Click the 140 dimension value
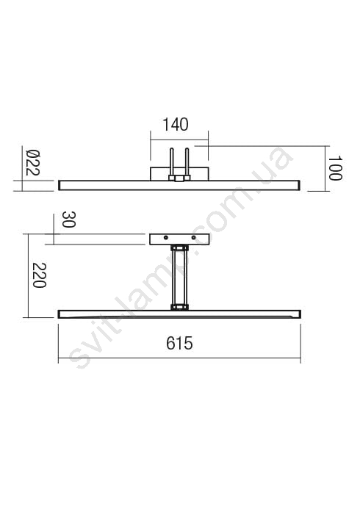click(x=176, y=125)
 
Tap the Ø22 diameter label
click(x=32, y=162)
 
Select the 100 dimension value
click(x=335, y=168)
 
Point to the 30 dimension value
click(x=69, y=220)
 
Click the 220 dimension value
click(x=40, y=275)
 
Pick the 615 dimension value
click(x=179, y=343)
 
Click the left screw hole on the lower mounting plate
click(x=166, y=237)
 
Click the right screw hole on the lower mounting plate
click(x=193, y=237)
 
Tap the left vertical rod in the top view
click(x=171, y=162)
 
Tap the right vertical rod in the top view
click(x=187, y=162)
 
